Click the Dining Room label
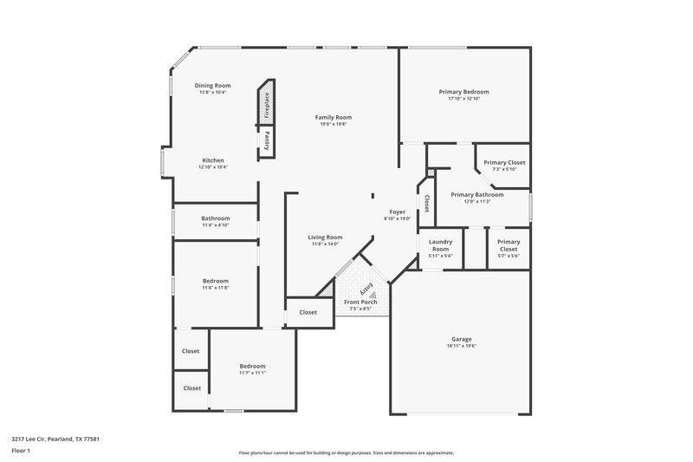(212, 86)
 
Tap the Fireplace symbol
(268, 104)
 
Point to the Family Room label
(333, 117)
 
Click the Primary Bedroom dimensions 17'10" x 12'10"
(463, 99)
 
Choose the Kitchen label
(213, 160)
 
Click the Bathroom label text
(216, 218)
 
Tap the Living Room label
(327, 237)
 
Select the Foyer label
(397, 211)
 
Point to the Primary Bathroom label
(476, 195)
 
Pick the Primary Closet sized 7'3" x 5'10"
(504, 163)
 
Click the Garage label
(462, 339)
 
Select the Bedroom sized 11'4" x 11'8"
(216, 281)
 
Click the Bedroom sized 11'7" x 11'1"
(252, 366)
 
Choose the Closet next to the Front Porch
(308, 312)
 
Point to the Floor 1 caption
(21, 452)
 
